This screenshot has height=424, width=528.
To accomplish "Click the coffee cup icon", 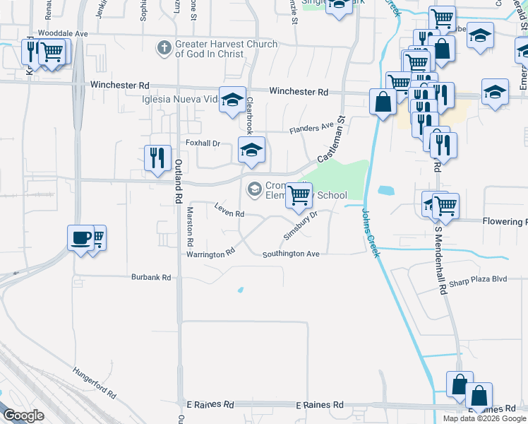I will coord(81,237).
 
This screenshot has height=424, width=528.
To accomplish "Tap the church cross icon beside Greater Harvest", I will coord(164,48).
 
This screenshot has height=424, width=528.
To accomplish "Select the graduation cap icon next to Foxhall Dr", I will coord(251,149).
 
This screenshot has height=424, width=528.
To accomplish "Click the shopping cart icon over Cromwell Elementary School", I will coord(299,194).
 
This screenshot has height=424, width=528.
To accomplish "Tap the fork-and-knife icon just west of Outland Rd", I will coord(157,157).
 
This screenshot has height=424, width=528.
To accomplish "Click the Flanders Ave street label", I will coord(311,129).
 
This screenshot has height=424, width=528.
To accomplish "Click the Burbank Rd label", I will coord(151,278).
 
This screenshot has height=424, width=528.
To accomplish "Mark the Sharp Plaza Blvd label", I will coord(478,279).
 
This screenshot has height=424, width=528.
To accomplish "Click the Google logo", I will coord(23,416).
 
